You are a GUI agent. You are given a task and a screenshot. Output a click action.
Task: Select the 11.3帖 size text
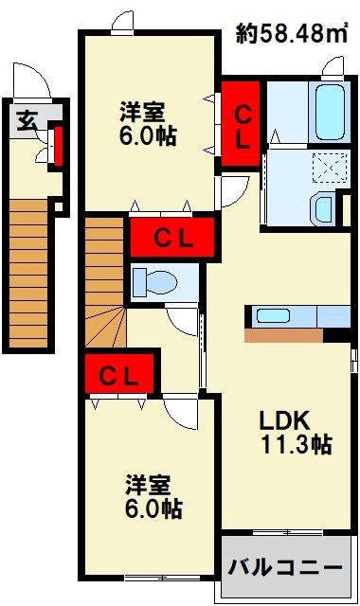[x=296, y=444]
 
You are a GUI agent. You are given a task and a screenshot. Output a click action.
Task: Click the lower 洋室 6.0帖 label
[x=153, y=496]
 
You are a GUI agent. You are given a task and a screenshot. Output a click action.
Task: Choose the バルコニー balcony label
[x=285, y=569]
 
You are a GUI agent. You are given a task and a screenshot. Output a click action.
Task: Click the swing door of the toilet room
[x=179, y=318]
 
